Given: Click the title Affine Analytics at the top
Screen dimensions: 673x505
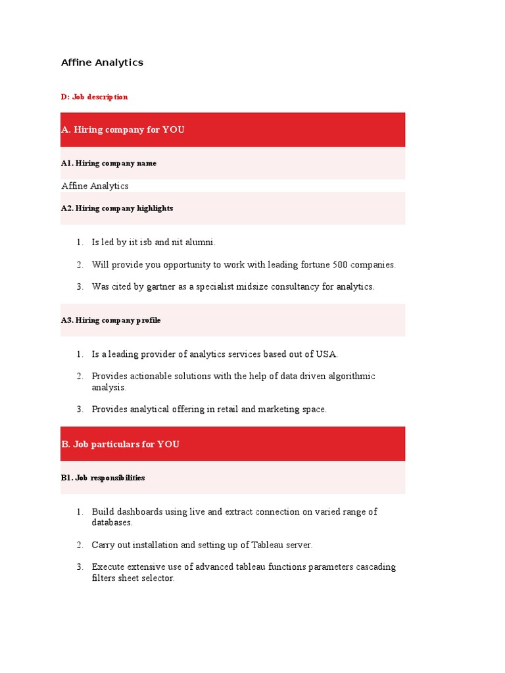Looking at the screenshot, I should (x=102, y=62).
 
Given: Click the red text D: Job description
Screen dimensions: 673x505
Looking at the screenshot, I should (x=94, y=97).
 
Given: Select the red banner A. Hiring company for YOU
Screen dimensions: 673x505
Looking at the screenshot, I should (x=233, y=129).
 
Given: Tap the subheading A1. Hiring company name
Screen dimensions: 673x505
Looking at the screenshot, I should (x=108, y=163).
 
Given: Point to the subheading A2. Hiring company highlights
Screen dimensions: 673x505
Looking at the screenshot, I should (x=117, y=208).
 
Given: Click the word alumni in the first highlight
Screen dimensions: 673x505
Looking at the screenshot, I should (x=200, y=243).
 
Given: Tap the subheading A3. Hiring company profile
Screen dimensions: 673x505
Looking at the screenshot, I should (x=110, y=320).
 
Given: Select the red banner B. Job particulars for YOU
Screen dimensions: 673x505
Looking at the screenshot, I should (x=233, y=444).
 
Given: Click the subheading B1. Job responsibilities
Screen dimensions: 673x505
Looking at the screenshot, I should (x=103, y=478).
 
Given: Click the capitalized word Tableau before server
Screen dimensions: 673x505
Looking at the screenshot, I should (x=264, y=545).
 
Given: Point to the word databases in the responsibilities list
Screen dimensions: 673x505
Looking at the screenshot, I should (x=112, y=523).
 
